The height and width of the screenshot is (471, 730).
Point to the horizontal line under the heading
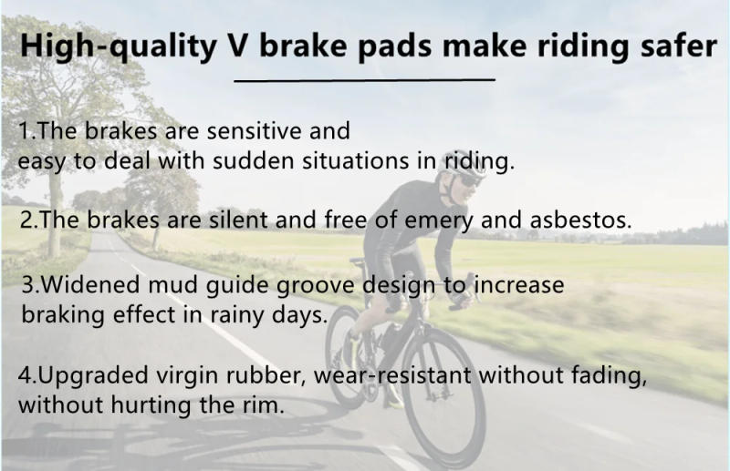pos(364,80)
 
